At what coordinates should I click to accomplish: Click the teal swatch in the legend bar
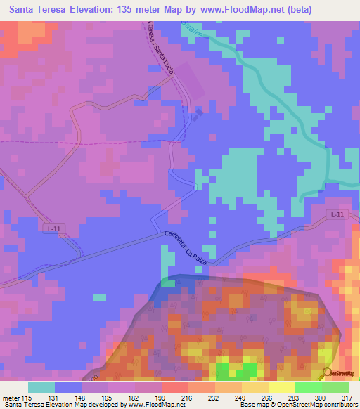click(x=41, y=387)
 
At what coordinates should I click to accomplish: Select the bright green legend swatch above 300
click(x=309, y=387)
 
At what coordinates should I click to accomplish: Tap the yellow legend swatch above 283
click(x=282, y=387)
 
